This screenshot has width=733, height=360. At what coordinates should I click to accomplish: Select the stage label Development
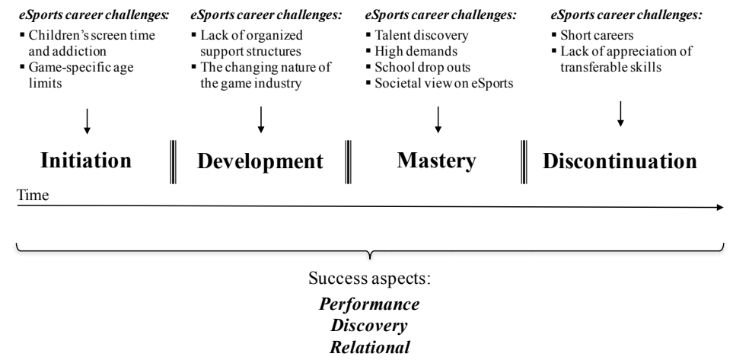tap(260, 161)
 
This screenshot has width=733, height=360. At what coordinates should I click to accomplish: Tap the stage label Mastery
tap(436, 161)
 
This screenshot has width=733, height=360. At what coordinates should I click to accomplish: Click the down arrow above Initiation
tap(88, 120)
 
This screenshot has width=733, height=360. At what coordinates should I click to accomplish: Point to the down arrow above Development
tap(261, 119)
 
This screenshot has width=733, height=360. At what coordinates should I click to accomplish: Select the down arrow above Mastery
tap(438, 119)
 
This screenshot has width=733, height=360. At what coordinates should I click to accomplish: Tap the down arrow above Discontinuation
tap(620, 113)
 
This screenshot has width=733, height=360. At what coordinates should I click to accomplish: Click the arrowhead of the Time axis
tap(720, 206)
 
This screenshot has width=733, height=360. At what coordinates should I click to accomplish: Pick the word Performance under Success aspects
tap(369, 304)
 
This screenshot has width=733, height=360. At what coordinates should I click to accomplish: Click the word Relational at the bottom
tap(369, 343)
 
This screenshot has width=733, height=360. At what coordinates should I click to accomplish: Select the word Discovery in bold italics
tap(369, 323)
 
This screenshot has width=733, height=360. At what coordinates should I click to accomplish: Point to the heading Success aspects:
tap(369, 279)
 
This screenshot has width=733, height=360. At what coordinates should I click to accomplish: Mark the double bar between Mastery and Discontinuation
tap(525, 161)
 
